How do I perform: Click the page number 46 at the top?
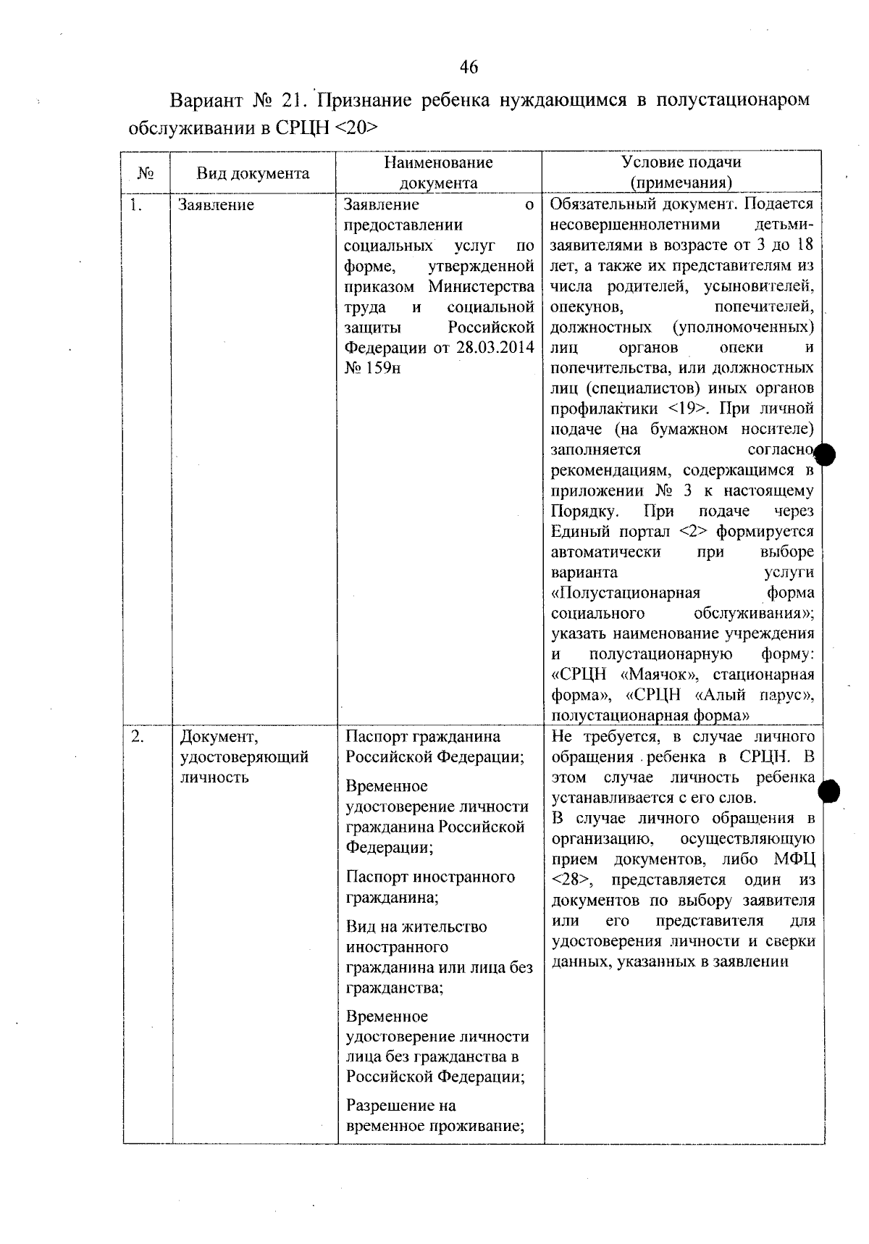pos(469,67)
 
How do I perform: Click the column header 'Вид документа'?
pos(253,173)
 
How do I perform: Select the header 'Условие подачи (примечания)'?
pos(681,172)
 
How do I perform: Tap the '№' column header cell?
pos(146,174)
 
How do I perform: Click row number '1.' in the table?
pos(135,205)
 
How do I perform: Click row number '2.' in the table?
pos(137,737)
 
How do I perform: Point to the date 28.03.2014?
pos(495,347)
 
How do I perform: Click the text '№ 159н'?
pos(372,367)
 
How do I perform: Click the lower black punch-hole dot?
pos(828,793)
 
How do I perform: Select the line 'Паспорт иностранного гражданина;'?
pos(430,887)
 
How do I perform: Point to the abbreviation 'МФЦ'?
pos(794,859)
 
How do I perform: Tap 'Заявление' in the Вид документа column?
pos(217,205)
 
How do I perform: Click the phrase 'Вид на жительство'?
pos(416,927)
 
